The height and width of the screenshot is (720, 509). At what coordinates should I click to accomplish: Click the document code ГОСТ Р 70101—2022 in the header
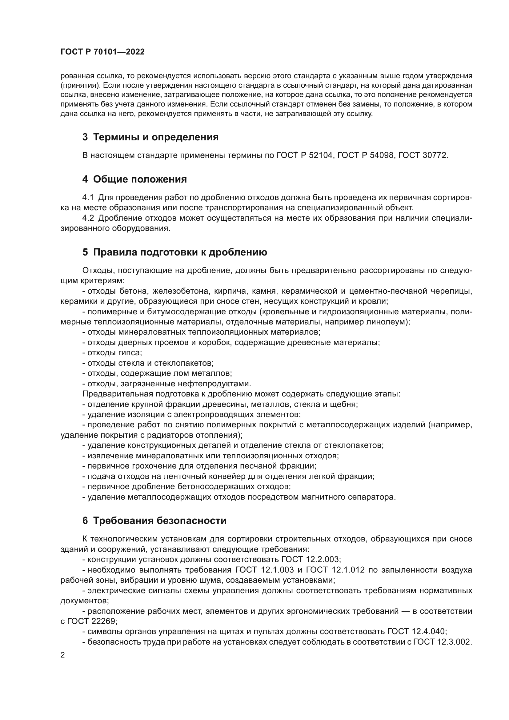click(x=102, y=52)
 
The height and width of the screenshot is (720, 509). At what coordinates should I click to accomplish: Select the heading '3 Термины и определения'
click(x=150, y=137)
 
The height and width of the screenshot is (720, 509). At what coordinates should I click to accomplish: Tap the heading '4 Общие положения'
click(x=134, y=179)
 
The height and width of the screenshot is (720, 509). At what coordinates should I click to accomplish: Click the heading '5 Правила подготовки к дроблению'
click(x=174, y=252)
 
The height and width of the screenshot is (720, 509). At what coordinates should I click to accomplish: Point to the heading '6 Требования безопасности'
click(x=154, y=521)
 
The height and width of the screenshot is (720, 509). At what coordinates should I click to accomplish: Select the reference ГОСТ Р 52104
click(x=304, y=155)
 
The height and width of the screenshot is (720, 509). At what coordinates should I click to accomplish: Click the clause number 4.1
click(x=88, y=197)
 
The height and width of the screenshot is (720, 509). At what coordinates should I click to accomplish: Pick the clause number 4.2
click(x=88, y=218)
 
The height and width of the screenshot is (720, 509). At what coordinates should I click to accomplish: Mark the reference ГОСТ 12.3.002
click(x=442, y=642)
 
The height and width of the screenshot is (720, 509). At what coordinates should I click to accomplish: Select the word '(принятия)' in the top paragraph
click(x=80, y=85)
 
